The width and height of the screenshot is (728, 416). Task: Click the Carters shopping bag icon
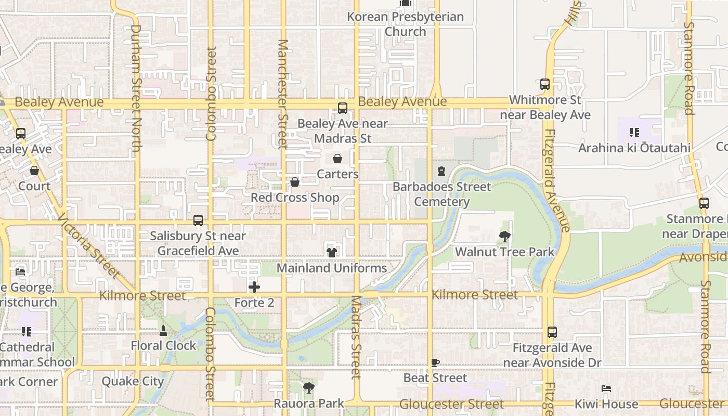pyautogui.click(x=337, y=159)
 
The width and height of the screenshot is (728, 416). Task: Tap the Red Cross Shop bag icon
pyautogui.click(x=295, y=182)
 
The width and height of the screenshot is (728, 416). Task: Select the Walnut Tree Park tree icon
pyautogui.click(x=504, y=237)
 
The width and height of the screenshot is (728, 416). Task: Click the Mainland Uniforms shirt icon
pyautogui.click(x=331, y=253)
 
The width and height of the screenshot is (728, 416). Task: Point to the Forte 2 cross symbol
pyautogui.click(x=254, y=287)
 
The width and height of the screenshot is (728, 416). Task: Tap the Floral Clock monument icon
pyautogui.click(x=163, y=330)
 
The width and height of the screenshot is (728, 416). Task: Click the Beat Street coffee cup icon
pyautogui.click(x=435, y=362)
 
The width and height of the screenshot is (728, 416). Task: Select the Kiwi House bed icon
pyautogui.click(x=606, y=388)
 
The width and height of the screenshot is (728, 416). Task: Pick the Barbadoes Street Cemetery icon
pyautogui.click(x=441, y=171)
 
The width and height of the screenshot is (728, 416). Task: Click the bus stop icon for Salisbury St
pyautogui.click(x=198, y=220)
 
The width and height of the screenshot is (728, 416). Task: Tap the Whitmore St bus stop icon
pyautogui.click(x=545, y=84)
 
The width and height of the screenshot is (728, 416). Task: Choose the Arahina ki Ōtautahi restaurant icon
pyautogui.click(x=634, y=133)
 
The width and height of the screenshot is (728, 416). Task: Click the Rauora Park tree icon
pyautogui.click(x=309, y=387)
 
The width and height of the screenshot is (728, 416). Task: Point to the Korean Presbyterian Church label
pyautogui.click(x=405, y=24)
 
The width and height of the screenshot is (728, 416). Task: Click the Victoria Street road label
pyautogui.click(x=89, y=245)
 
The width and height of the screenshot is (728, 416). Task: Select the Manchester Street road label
pyautogui.click(x=283, y=94)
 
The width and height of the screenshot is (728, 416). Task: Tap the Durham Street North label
pyautogui.click(x=136, y=88)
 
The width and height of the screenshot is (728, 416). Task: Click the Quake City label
pyautogui.click(x=133, y=381)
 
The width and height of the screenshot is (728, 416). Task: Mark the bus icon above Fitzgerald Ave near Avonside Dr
pyautogui.click(x=552, y=332)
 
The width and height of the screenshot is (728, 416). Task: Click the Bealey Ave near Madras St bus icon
pyautogui.click(x=343, y=108)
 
